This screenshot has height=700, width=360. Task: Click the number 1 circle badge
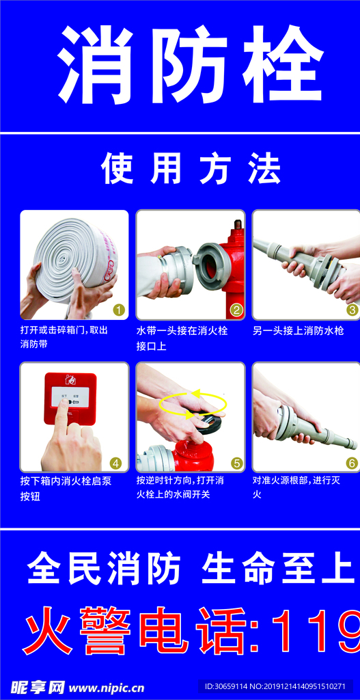pyautogui.click(x=118, y=310)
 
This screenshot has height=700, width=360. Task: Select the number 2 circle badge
pyautogui.click(x=236, y=310)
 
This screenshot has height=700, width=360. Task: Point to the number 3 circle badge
pyautogui.click(x=352, y=310)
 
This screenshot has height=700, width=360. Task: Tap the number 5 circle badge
pyautogui.click(x=236, y=463)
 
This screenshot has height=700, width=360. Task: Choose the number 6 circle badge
pyautogui.click(x=352, y=463)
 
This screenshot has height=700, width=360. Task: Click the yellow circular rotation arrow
pyautogui.click(x=193, y=403)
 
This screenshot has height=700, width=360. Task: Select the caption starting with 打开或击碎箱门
pyautogui.click(x=64, y=337)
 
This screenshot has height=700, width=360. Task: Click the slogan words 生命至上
pyautogui.click(x=277, y=569)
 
